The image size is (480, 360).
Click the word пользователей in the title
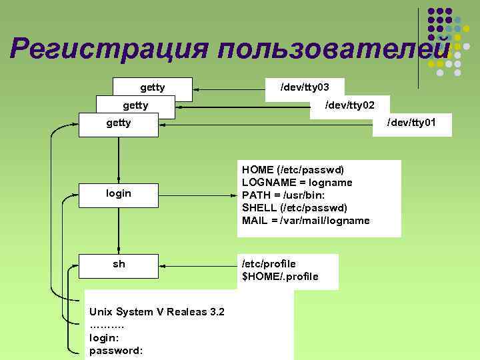(x=334, y=48)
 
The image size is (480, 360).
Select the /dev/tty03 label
(x=305, y=87)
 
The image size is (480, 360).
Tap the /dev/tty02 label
(x=349, y=105)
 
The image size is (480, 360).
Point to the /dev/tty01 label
(x=412, y=122)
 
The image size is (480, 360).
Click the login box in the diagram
(x=119, y=193)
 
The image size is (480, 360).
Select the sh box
(x=119, y=265)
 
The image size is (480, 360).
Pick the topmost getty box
(x=153, y=87)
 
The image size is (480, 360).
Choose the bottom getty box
(x=119, y=123)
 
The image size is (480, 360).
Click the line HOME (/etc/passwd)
(x=293, y=170)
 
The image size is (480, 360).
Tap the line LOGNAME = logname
(x=297, y=182)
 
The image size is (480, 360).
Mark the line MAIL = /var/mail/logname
(x=305, y=221)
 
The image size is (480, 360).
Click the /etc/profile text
(x=269, y=263)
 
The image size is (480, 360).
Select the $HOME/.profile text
(x=280, y=276)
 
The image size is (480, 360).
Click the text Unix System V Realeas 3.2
(x=157, y=312)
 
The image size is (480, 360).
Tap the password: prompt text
(x=115, y=349)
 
